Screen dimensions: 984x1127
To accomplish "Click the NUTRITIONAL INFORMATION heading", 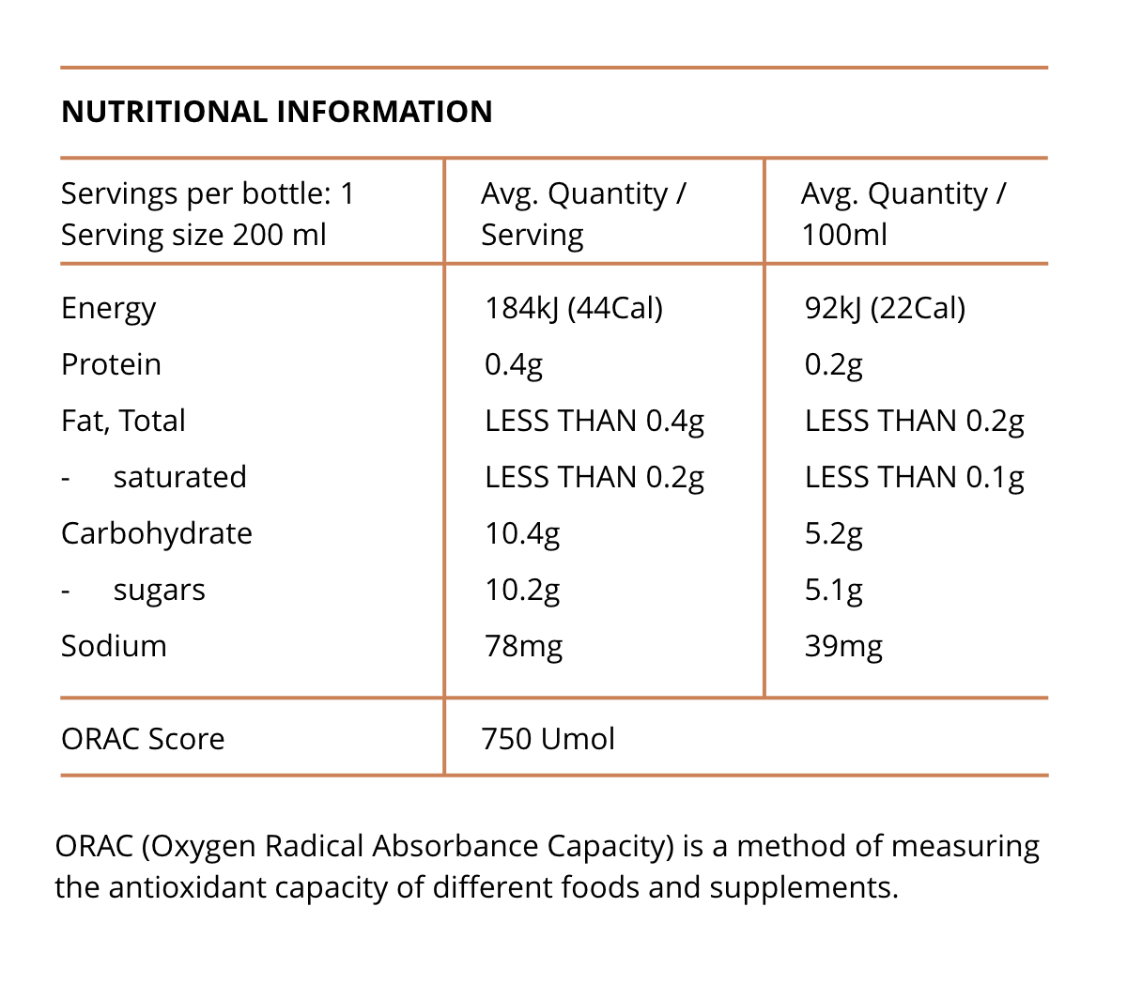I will pos(276,112).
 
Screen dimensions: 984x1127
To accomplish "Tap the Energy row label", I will pos(108,308).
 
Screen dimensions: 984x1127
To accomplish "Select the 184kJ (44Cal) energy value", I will pos(573,308).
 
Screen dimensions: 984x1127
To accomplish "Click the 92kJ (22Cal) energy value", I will pos(885,308).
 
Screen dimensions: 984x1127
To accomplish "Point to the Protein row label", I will pos(111,364).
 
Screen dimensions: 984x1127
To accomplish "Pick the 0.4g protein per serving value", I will pos(514,364).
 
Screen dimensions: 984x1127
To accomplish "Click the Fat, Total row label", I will pos(123,421).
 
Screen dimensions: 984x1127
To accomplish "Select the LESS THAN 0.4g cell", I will pos(594,421).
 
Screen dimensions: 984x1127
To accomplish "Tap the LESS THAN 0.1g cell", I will pos(914,477).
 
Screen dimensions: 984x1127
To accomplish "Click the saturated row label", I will pos(179,477).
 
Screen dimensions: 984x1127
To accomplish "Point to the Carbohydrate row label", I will pos(157,533).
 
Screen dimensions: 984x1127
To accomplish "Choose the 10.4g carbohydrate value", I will pos(522,533).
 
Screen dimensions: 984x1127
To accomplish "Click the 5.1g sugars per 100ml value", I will pos(833,590).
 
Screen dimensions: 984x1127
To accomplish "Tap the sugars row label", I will pos(159,591).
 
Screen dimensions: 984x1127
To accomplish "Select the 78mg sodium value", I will pos(523,646).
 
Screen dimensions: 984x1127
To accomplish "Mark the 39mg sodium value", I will pos(843,646).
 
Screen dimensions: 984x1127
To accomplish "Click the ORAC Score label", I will pos(143,739).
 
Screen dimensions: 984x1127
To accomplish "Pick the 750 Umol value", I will pos(548,739).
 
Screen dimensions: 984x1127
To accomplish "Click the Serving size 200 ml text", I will pos(193,235).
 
